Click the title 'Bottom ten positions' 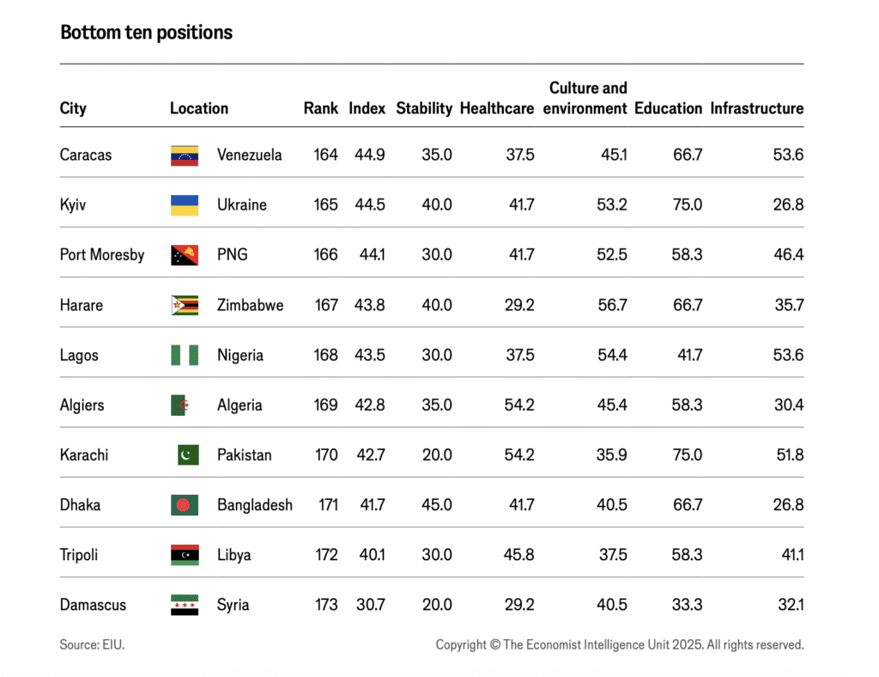(146, 33)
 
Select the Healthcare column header (496, 108)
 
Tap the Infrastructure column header (756, 108)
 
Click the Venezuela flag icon (185, 156)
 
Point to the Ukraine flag (185, 205)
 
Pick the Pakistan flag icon (188, 455)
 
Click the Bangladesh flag (185, 505)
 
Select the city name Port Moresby (102, 255)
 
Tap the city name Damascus (93, 605)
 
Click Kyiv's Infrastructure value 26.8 (788, 205)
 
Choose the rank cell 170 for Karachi (326, 455)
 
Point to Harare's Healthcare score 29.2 (519, 305)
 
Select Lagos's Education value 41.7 (688, 355)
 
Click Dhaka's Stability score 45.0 (437, 505)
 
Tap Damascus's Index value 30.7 (372, 605)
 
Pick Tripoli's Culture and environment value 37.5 (612, 555)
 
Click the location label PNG (232, 255)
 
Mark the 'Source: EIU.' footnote (92, 644)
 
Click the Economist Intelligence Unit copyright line (619, 644)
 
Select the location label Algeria (239, 406)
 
